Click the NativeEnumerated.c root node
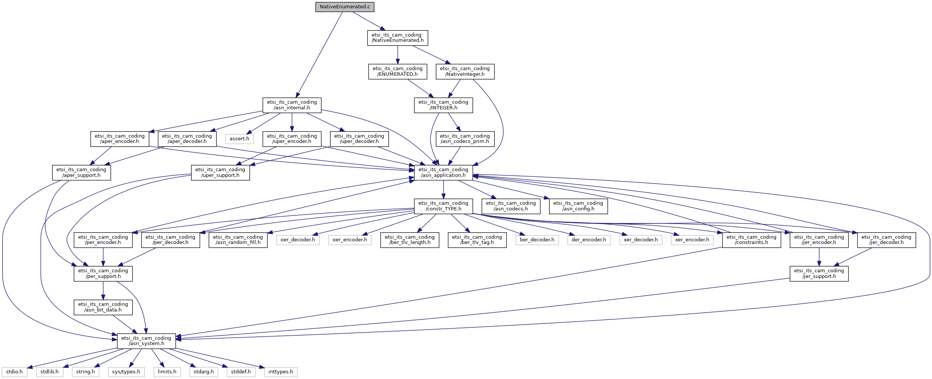pos(345,7)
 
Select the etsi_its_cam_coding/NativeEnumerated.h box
pos(397,38)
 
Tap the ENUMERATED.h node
pos(397,71)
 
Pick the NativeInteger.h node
pos(464,71)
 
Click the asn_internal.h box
pos(292,105)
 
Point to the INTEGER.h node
pos(443,105)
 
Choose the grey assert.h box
pos(239,139)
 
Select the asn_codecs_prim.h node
pos(464,139)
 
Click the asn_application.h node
pos(443,172)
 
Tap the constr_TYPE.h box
pos(443,206)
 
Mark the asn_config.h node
pos(578,206)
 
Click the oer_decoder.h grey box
pos(298,240)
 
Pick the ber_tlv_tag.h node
pos(477,240)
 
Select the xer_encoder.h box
pos(692,240)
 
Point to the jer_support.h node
pos(819,273)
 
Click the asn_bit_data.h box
pos(103,307)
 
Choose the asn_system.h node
pos(146,341)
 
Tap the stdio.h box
pos(14,372)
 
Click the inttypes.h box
pos(281,372)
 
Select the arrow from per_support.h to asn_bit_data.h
pos(103,290)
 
